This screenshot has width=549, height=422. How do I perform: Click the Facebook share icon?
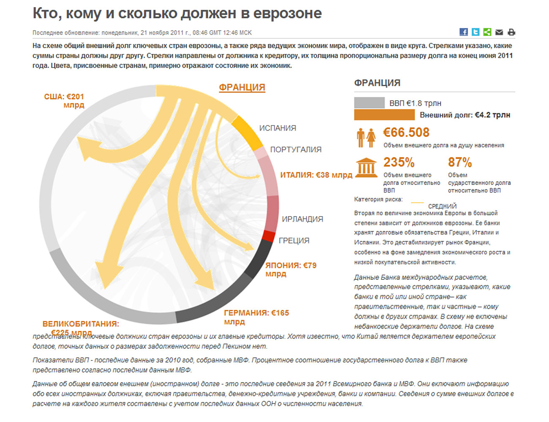click(463, 32)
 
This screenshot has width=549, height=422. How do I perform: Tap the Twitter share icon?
click(475, 32)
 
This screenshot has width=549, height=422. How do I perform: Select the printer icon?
click(511, 32)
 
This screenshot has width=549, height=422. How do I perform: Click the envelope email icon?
click(499, 32)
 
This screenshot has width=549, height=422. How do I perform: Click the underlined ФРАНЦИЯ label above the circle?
click(242, 87)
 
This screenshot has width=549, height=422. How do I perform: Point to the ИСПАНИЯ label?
click(277, 128)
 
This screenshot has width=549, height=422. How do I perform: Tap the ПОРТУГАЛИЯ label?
click(296, 149)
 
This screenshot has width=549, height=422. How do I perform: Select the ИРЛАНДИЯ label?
click(302, 219)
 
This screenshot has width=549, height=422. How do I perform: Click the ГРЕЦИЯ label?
click(294, 240)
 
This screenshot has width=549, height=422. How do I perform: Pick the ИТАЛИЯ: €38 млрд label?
click(316, 175)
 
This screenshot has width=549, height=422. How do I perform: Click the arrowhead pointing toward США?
click(87, 148)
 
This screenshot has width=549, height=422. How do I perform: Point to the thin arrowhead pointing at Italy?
click(256, 176)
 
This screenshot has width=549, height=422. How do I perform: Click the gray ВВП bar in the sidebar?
click(369, 103)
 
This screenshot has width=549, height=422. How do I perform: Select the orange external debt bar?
click(384, 115)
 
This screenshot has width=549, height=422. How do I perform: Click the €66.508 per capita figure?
click(406, 133)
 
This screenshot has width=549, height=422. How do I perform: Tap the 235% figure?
click(399, 162)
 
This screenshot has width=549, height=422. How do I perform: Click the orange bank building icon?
click(366, 168)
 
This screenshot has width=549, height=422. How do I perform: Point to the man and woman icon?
click(366, 138)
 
